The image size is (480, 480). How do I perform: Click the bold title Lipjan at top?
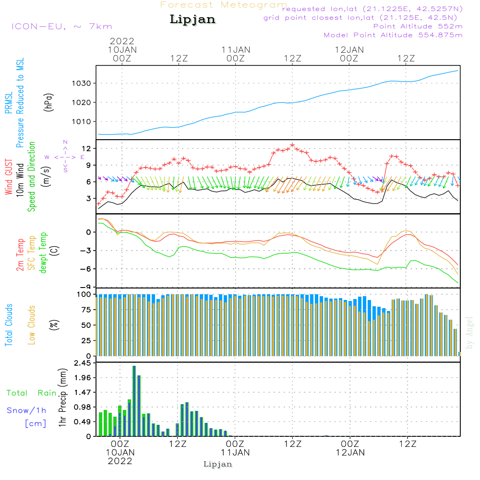192,20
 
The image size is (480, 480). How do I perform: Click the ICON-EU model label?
61,26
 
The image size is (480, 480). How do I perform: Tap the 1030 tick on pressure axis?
83,84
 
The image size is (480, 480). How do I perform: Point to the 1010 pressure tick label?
83,121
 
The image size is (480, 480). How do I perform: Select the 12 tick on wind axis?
86,148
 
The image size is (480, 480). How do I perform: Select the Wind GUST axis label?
9,178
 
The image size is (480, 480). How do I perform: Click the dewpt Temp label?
43,253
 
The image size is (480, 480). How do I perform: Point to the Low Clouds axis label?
32,325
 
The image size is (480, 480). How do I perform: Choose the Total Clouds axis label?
9,325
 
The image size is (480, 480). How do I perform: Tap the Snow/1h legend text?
27,410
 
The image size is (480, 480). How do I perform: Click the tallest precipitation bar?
134,401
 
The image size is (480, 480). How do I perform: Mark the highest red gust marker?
292,145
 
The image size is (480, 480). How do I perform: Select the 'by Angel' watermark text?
469,333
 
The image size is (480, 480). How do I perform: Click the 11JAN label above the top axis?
236,49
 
